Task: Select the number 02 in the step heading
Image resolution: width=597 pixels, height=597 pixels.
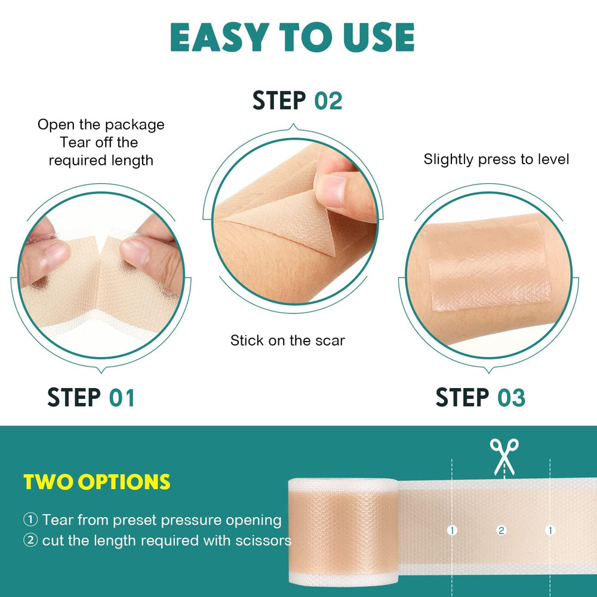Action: point(328,100)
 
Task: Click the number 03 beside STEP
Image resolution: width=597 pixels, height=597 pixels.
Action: point(510,398)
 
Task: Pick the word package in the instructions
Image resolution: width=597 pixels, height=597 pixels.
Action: point(134,125)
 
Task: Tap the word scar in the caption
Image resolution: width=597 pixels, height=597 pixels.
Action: point(332,341)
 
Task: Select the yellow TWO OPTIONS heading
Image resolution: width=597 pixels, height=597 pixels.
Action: point(97,482)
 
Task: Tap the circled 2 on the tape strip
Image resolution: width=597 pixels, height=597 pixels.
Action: point(501,530)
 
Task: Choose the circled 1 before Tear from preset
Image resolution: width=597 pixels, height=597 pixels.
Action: point(30,520)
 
